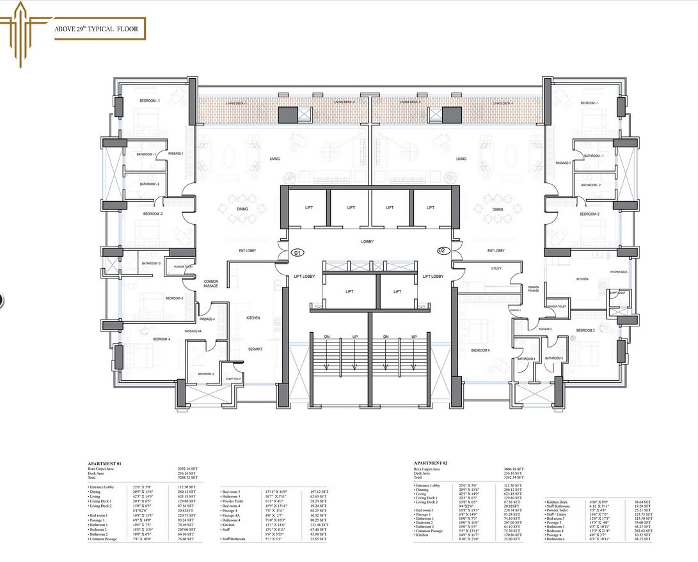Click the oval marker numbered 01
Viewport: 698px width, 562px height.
coord(297,253)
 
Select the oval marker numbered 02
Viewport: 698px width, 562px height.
coord(441,250)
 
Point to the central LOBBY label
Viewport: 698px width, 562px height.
coord(367,241)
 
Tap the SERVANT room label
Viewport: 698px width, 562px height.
coord(255,349)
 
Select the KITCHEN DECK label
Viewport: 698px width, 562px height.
coord(619,272)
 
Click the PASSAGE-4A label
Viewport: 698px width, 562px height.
coord(193,331)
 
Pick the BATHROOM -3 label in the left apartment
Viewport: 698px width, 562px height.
coord(151,263)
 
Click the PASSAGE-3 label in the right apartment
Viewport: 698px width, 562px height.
coord(544,329)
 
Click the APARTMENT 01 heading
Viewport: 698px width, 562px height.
coord(105,462)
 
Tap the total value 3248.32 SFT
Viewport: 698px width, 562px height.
coord(187,478)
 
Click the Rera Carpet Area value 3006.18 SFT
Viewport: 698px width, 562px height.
coord(514,469)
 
